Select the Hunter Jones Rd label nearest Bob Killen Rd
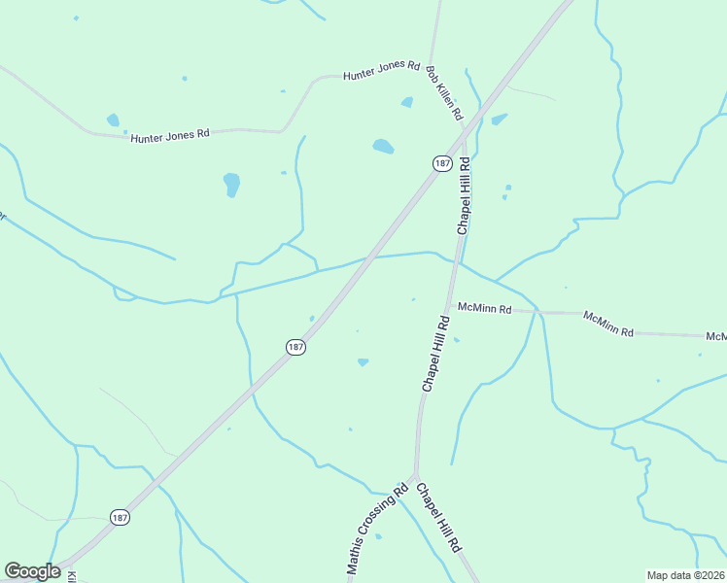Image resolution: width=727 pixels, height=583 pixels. [381, 71]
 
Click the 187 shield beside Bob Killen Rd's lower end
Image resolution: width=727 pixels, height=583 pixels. [441, 163]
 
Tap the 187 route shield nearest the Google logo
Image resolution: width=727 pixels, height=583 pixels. [119, 517]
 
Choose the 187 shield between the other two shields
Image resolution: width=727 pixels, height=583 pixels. [296, 347]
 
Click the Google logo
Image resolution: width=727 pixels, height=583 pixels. [32, 571]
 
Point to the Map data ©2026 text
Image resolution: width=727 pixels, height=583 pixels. [686, 575]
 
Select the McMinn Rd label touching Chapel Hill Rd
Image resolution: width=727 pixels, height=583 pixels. [485, 309]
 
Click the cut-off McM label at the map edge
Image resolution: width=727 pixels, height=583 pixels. [716, 336]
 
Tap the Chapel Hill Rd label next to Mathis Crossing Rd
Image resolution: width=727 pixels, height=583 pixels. [438, 518]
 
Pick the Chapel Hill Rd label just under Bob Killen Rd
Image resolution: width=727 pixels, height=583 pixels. [464, 194]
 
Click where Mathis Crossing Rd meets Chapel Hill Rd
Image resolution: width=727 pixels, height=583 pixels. [415, 476]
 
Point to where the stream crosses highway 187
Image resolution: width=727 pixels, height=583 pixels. [366, 258]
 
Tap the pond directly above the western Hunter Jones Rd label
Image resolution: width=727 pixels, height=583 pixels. [113, 120]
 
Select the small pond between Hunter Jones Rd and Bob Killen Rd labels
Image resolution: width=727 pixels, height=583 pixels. [406, 102]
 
